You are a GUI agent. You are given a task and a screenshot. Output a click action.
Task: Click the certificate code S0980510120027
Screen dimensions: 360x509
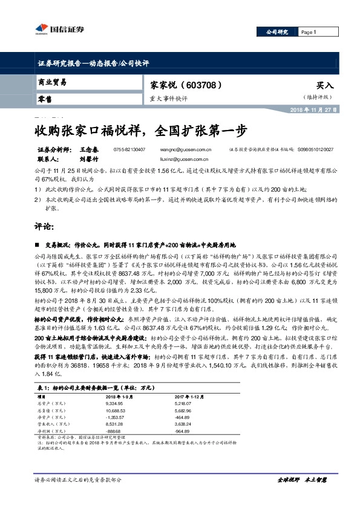pyautogui.click(x=316, y=149)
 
